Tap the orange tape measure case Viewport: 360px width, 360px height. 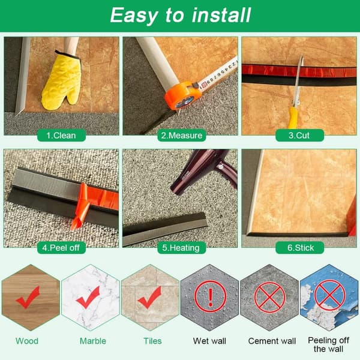[182, 96]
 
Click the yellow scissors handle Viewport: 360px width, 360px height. [293, 118]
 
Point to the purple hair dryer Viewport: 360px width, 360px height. [205, 170]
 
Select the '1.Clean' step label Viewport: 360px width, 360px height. [61, 136]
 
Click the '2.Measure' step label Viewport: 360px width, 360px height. [182, 136]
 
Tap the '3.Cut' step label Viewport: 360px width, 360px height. [299, 135]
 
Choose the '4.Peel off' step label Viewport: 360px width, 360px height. [61, 248]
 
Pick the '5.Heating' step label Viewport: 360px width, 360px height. [181, 248]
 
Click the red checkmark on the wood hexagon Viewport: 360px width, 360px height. [28, 298]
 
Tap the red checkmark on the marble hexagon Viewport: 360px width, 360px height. [88, 298]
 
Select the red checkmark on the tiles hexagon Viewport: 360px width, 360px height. [149, 298]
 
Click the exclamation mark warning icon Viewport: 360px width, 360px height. [210, 296]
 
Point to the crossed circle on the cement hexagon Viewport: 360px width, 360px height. [269, 296]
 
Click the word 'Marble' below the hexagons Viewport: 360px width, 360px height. [93, 341]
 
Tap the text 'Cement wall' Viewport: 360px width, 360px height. [272, 341]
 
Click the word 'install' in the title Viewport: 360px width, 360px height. [221, 15]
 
